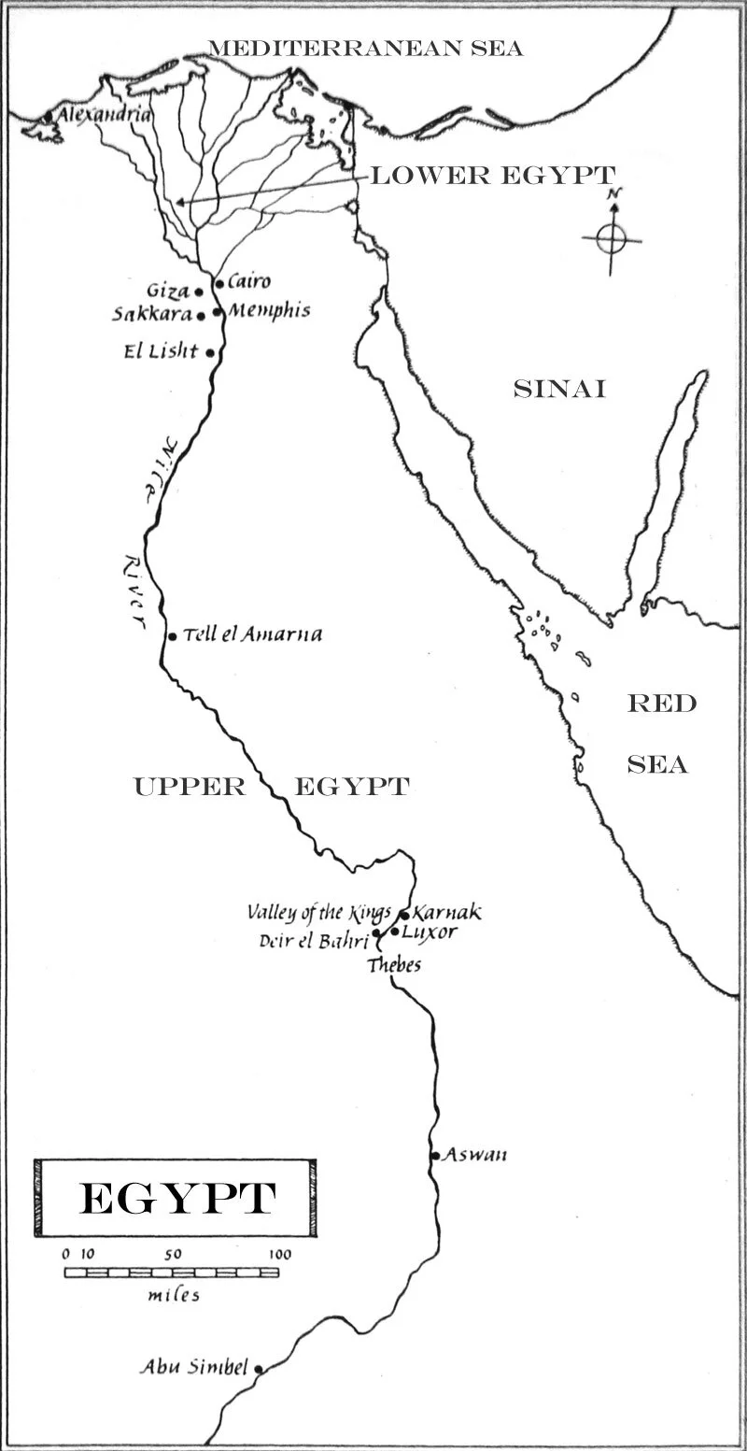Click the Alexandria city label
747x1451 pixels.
(104, 114)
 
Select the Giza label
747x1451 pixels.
(168, 291)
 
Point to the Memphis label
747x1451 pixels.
(268, 311)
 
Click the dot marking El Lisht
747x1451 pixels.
(211, 353)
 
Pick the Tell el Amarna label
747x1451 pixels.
(252, 634)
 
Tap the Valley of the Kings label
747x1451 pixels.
(318, 912)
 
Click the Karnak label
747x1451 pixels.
(447, 912)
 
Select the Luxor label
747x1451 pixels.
(430, 932)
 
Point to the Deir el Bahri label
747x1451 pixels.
(313, 941)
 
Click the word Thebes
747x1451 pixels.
(393, 965)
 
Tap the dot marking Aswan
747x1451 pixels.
(435, 1156)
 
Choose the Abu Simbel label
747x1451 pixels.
(194, 1367)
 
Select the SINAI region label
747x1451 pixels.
(559, 390)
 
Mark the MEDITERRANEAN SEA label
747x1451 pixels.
(365, 48)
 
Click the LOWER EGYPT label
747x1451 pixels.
(493, 175)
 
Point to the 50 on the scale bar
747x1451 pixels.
(173, 1254)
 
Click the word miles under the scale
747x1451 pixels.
(174, 1295)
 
